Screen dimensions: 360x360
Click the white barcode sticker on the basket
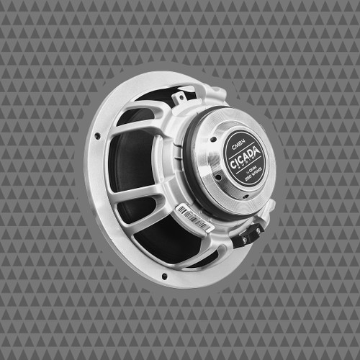tap(194, 217)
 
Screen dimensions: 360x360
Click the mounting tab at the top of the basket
tap(180, 95)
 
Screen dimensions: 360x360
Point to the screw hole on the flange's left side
tap(97, 135)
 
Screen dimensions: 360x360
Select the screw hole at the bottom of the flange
tap(165, 275)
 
